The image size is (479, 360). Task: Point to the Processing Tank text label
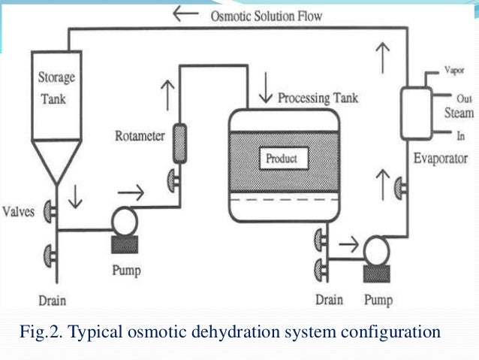[320, 98]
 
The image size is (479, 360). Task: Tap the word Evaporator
[441, 159]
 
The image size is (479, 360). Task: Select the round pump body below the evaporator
[372, 247]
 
